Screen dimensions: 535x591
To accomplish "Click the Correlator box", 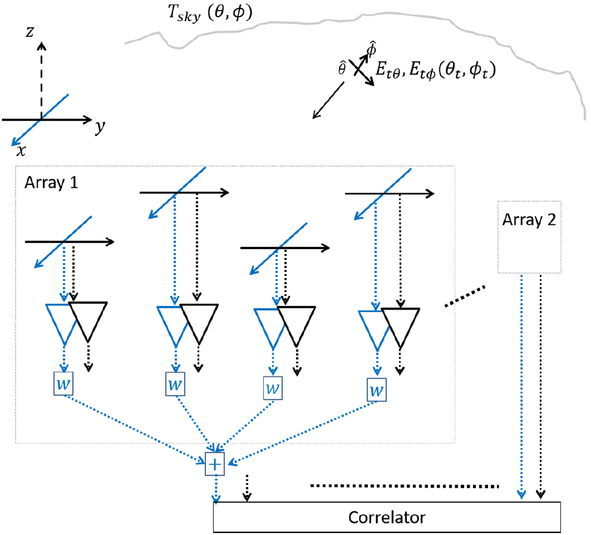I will [x=387, y=517].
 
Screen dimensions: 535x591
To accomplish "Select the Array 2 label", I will [x=529, y=219].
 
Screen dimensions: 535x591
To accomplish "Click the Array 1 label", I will [x=51, y=183].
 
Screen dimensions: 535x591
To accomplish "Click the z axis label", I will [x=30, y=32].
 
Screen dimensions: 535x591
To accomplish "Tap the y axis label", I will [x=100, y=127].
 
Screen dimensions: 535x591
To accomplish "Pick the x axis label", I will [x=21, y=149].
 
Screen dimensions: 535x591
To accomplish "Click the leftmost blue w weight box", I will [x=64, y=384].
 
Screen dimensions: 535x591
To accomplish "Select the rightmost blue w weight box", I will [x=377, y=390].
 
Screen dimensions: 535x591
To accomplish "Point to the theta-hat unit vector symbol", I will [x=342, y=69].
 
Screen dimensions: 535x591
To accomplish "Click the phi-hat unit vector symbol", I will [x=372, y=49].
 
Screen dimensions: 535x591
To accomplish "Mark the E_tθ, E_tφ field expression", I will [x=435, y=70].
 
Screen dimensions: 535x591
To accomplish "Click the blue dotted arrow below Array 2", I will [x=522, y=385].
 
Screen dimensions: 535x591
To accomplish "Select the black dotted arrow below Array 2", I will [x=541, y=385].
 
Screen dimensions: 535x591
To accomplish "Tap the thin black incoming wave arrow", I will [x=328, y=100].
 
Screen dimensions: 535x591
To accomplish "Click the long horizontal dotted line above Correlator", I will [x=404, y=486].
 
